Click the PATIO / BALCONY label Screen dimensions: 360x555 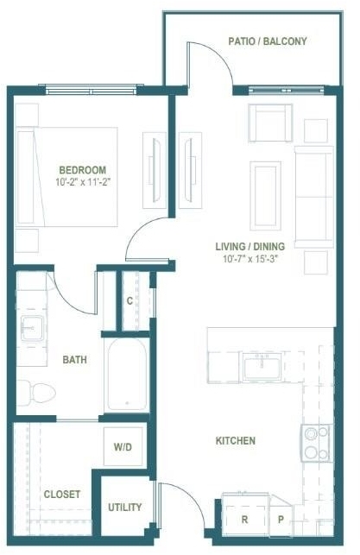point(268,41)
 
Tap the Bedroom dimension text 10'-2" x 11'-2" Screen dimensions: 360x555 point(83,182)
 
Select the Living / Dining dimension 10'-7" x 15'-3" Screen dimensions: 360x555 point(249,259)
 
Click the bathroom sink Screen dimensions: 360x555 point(32,328)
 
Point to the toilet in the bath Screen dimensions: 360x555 point(36,393)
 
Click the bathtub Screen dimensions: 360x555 point(127,375)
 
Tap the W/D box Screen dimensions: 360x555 point(123,446)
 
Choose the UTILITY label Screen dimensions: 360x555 point(125,508)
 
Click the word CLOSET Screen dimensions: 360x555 point(62,494)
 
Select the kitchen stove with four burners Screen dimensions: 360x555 point(317,443)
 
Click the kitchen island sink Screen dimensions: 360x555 point(262,367)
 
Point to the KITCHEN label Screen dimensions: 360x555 point(236,441)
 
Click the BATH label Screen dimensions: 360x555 point(75,360)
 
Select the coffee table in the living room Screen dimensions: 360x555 point(266,196)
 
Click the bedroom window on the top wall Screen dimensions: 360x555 point(92,89)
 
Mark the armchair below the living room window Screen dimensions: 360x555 point(270,123)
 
